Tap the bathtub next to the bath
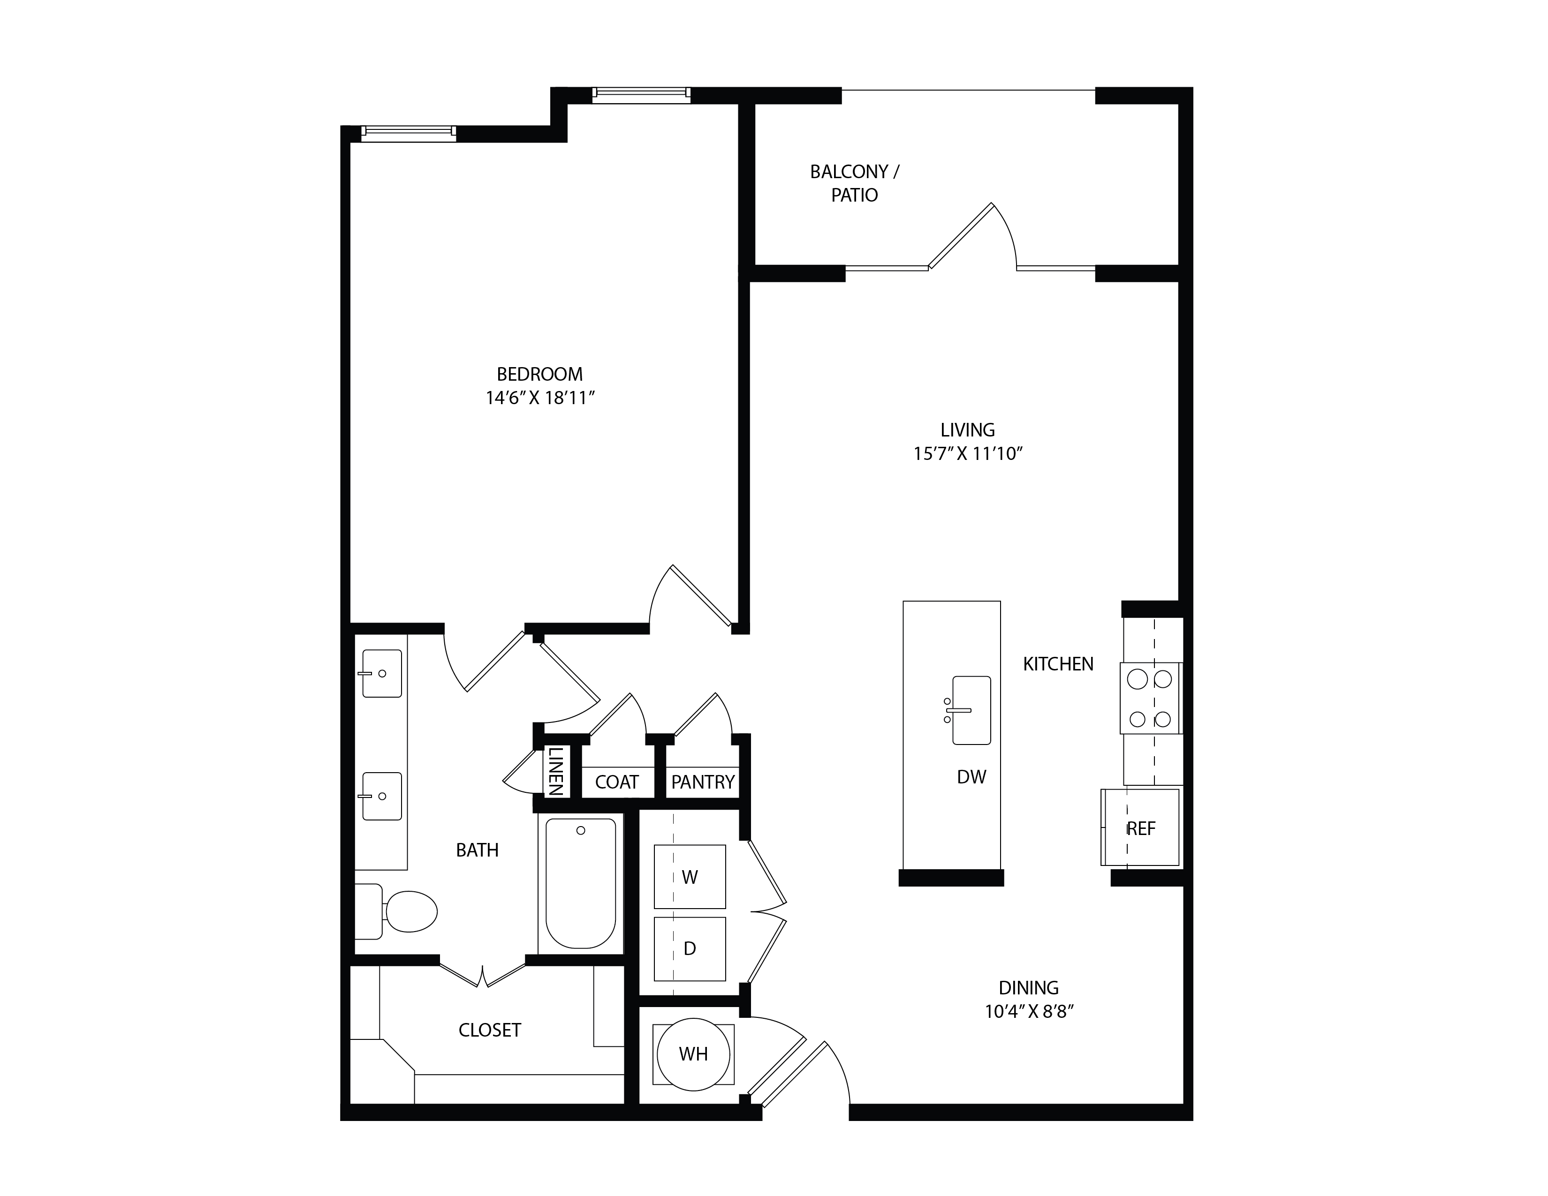(581, 884)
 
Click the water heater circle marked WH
(693, 1054)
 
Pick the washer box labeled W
(690, 876)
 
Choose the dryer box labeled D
(690, 949)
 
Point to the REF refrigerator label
(1141, 828)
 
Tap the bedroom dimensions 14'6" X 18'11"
(539, 398)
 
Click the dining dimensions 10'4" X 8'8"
(1029, 1011)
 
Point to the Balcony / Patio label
(855, 183)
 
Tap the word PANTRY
(702, 782)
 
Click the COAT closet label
(617, 782)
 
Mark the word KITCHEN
(1058, 664)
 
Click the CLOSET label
(490, 1030)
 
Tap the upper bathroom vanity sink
(381, 673)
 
